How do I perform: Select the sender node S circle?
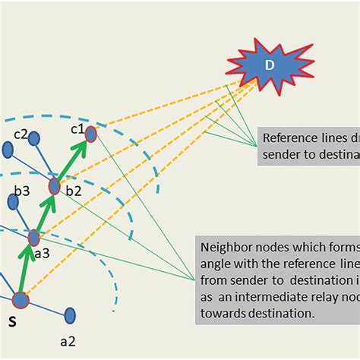point(21,299)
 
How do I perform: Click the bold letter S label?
point(12,322)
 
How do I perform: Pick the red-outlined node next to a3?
point(33,238)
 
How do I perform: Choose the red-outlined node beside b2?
point(55,186)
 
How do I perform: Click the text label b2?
point(73,191)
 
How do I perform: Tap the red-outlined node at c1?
point(91,134)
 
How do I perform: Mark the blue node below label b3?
point(14,201)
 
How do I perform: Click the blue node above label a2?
point(70,314)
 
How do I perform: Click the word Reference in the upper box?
point(289,139)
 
